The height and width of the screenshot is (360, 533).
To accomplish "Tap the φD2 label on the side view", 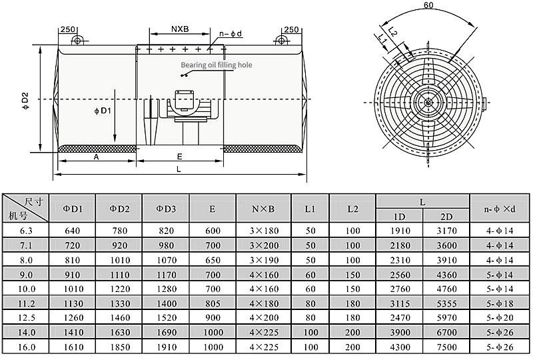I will pyautogui.click(x=26, y=99).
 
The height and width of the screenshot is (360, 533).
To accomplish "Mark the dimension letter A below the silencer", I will pyautogui.click(x=96, y=157).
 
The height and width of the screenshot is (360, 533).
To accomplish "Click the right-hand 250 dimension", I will pyautogui.click(x=290, y=30).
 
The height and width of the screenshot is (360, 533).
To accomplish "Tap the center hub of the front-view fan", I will pyautogui.click(x=426, y=103).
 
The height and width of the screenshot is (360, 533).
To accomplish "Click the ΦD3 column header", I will pyautogui.click(x=166, y=209).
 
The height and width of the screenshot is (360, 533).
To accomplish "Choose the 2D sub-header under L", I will pyautogui.click(x=446, y=217).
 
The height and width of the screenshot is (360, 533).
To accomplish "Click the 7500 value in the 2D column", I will pyautogui.click(x=446, y=348).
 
